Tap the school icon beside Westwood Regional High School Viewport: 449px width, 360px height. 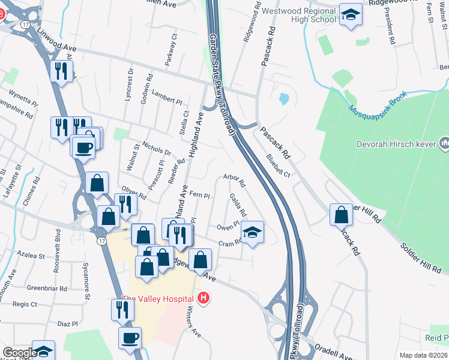point(351,15)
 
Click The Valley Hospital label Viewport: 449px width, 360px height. point(157,299)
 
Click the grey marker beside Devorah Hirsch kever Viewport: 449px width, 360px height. point(444,143)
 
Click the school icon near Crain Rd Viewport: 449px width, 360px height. point(253,232)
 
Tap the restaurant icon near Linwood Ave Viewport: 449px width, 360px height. point(61,71)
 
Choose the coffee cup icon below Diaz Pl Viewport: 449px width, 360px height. point(130,338)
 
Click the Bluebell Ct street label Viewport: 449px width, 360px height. point(278,166)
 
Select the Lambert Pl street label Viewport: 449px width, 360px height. point(166,101)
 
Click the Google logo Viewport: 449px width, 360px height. point(20,353)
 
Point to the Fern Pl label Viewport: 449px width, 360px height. point(199,195)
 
